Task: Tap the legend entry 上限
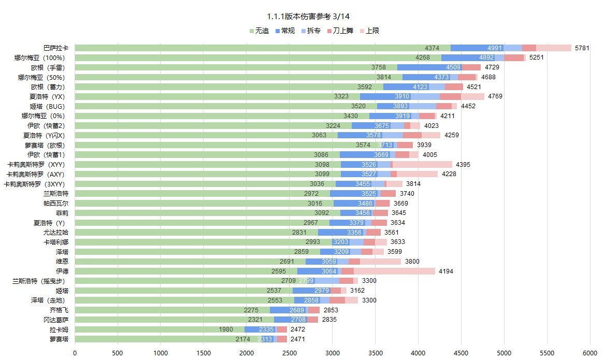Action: tap(372, 31)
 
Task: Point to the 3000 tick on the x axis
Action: tap(333, 353)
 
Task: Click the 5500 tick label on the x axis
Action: tap(547, 353)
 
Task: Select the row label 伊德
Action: tap(62, 271)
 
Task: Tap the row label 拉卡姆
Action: tap(59, 329)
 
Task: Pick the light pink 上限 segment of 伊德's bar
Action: tap(394, 271)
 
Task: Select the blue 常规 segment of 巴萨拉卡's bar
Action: tap(477, 48)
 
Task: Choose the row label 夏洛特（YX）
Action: tap(47, 96)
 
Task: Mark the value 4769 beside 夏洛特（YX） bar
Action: tap(495, 96)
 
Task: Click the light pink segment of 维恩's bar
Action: tap(380, 262)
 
